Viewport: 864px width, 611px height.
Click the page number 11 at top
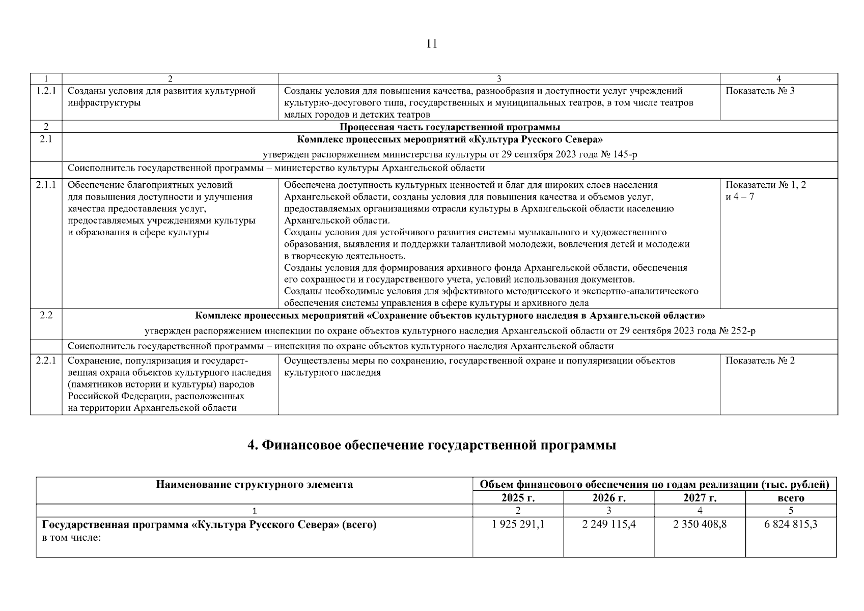431,44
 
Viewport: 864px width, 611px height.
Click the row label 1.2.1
46,91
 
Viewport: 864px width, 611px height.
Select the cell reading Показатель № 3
759,91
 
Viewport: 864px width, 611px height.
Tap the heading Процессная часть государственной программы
450,127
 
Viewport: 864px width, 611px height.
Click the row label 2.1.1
46,185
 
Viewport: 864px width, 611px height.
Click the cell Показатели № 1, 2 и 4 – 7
765,190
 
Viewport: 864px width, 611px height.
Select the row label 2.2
46,315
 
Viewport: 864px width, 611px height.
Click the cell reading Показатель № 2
760,360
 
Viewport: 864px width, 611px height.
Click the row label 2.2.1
46,360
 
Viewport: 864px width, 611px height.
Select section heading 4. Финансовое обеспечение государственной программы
432,445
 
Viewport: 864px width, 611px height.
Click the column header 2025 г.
518,497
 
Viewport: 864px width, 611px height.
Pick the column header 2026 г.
609,497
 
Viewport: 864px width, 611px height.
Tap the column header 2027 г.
700,497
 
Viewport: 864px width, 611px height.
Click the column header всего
791,498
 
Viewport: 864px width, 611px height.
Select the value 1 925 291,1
518,524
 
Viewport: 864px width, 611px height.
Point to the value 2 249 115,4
609,524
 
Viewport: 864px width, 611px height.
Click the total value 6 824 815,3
791,524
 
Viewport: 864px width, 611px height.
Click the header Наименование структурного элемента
254,484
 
